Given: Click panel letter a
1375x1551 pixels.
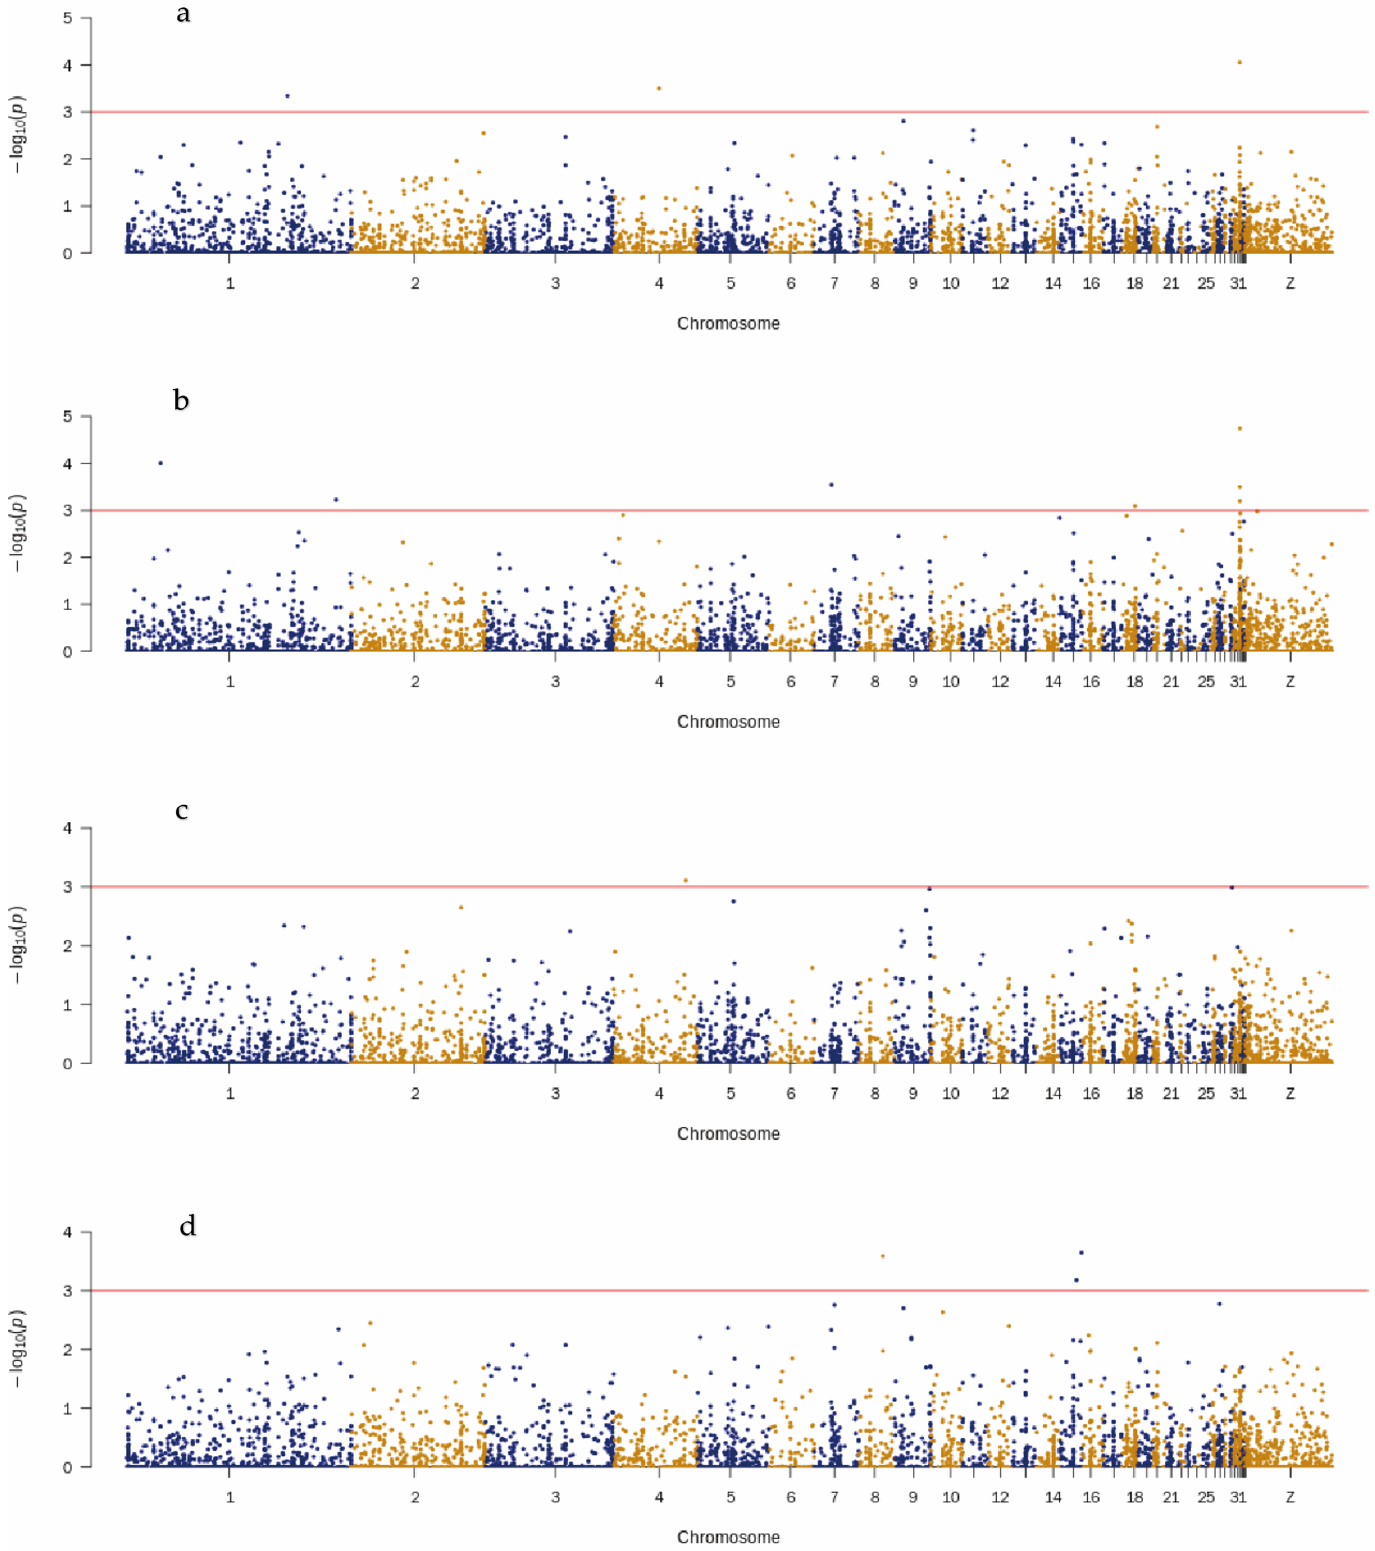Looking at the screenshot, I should pos(183,14).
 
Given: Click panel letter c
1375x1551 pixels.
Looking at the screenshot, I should pos(182,810).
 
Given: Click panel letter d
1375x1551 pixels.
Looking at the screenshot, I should pos(187,1226).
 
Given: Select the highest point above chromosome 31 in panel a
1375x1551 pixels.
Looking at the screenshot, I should pos(1239,62).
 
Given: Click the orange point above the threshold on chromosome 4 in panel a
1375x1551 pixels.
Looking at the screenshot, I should pos(659,88).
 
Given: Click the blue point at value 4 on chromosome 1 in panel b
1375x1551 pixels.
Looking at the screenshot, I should pos(160,463).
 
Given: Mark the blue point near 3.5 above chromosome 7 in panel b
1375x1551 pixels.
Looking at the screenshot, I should pos(831,484).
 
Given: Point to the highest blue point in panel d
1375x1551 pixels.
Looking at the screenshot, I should pos(1081,1253).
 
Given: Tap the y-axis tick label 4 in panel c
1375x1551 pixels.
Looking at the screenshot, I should pos(68,828).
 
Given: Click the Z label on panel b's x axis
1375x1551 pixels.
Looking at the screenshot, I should pos(1290,681).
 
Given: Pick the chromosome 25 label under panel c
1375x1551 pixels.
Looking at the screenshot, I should pos(1206,1094).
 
